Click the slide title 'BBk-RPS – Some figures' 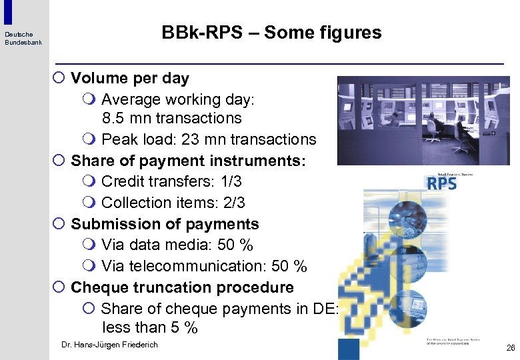click(271, 33)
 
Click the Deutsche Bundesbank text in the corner click(23, 39)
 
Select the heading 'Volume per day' click(130, 78)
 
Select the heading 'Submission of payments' click(165, 224)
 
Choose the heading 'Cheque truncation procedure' click(182, 288)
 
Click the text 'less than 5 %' click(150, 328)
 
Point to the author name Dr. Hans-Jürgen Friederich click(109, 345)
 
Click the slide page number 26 click(511, 347)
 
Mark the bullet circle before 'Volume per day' click(59, 78)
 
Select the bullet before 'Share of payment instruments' click(59, 161)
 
